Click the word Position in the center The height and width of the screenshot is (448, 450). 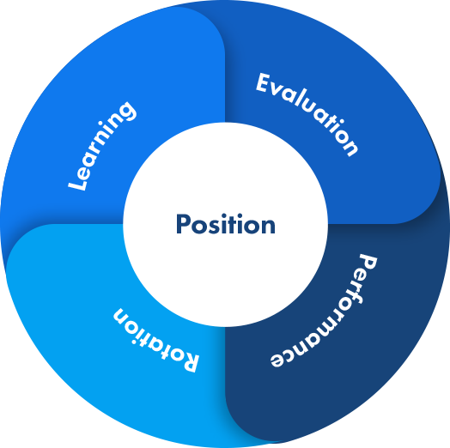point(226,224)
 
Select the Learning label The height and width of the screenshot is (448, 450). point(102,146)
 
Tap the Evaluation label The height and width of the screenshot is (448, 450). point(307,114)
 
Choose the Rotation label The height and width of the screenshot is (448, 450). point(155,340)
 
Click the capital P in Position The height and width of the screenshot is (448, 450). point(183,224)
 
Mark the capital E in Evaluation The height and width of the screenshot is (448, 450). point(264,82)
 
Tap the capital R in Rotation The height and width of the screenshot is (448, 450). point(189,361)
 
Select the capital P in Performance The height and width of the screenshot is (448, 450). point(368,263)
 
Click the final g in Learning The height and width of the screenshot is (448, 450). point(125,112)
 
